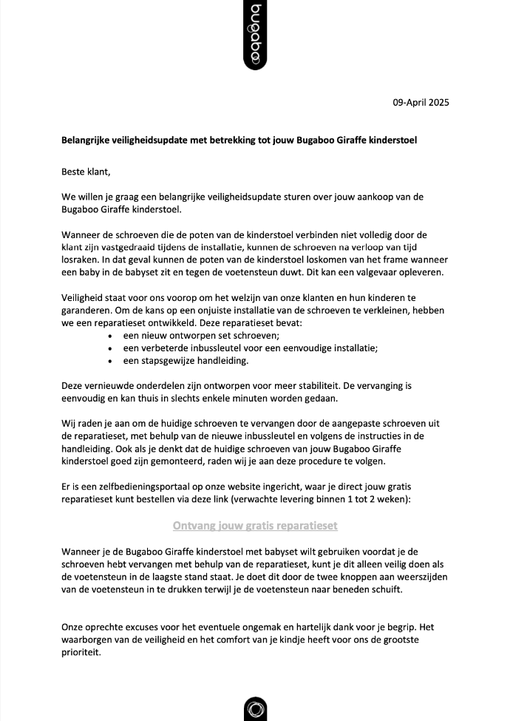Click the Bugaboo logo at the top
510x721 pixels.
click(255, 35)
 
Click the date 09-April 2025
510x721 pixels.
click(421, 103)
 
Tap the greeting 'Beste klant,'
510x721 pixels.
click(86, 172)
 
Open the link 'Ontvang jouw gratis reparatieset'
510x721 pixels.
click(255, 526)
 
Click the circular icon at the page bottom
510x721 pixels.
click(255, 708)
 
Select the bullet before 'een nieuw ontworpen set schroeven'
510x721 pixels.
click(111, 335)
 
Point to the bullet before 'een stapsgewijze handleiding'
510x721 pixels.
click(111, 361)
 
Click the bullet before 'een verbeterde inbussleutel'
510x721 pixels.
click(111, 348)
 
